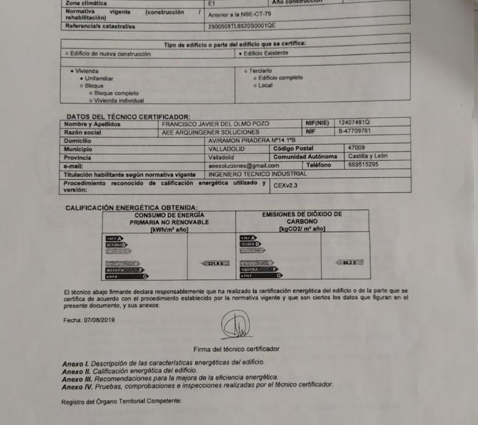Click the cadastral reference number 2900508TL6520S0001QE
coord(242,26)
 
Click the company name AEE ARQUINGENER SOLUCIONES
coord(210,133)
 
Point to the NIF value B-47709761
coord(354,130)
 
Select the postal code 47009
coord(356,148)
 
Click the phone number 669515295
coord(364,165)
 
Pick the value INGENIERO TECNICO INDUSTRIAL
coord(258,174)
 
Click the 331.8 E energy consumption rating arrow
coord(214,263)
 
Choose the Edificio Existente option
coord(266,53)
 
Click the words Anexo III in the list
coord(75,377)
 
